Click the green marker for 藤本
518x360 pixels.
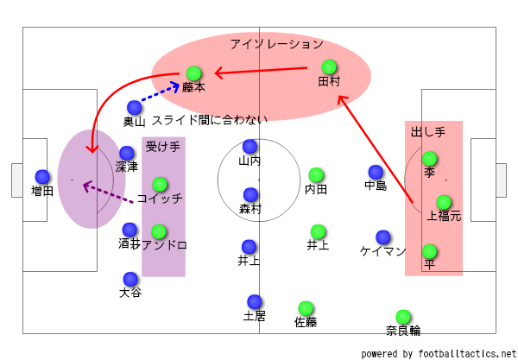tap(194, 73)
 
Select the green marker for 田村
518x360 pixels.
tap(329, 66)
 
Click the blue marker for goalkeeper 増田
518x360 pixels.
tap(41, 176)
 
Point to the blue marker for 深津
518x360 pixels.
tap(127, 153)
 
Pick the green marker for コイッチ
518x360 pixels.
tap(160, 184)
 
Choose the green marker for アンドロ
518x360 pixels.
tap(159, 231)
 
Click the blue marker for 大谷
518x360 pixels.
tap(130, 279)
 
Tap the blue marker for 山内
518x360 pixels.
tap(250, 147)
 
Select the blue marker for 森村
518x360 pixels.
tap(250, 195)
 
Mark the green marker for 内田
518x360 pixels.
tap(316, 175)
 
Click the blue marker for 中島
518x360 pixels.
tap(376, 172)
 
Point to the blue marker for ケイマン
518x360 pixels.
tap(382, 237)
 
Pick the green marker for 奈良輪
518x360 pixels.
tap(403, 317)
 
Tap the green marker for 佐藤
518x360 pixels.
tap(306, 308)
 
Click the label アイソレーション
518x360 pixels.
tap(276, 43)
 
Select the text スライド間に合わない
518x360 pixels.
tap(210, 121)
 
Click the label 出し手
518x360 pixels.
tap(428, 131)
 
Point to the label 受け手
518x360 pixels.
tap(162, 147)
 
